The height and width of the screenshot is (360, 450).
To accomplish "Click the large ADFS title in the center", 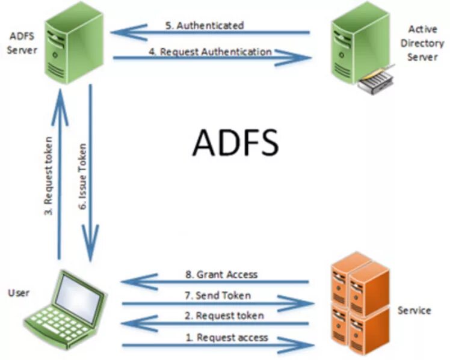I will [x=236, y=142].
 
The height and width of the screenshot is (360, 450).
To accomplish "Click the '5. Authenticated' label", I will [x=205, y=25].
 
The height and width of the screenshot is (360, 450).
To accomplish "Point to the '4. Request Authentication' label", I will [x=210, y=52].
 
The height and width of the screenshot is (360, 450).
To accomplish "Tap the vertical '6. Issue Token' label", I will [x=83, y=175].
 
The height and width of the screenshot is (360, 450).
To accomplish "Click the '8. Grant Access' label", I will [x=221, y=274].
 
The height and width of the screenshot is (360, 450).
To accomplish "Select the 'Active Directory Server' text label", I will [x=425, y=43].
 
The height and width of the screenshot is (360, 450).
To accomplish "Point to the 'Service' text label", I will [x=414, y=310].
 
